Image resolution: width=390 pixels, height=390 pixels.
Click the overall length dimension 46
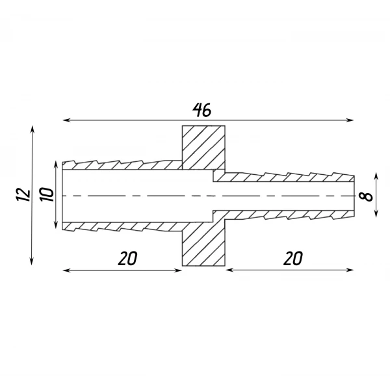(201, 110)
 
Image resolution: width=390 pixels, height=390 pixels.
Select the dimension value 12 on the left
(23, 195)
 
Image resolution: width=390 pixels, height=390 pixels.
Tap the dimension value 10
(47, 195)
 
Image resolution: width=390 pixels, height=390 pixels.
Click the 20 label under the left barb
(127, 258)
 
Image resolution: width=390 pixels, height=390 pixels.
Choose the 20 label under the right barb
(293, 258)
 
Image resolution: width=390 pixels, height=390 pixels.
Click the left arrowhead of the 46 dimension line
(66, 120)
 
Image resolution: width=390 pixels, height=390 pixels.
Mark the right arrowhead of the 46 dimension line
(350, 120)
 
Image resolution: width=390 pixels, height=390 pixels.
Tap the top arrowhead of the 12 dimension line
(32, 129)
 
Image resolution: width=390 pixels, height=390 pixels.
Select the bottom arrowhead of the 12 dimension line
(32, 262)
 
